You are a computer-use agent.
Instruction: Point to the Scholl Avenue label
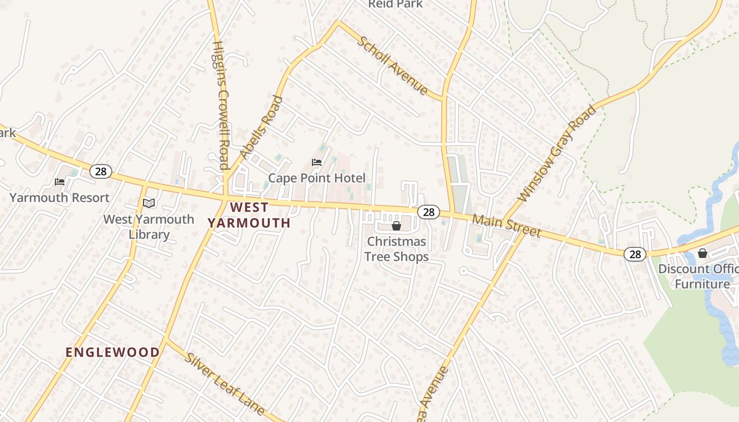[393, 65]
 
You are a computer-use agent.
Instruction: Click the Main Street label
[507, 225]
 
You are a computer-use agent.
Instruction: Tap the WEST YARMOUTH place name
[249, 215]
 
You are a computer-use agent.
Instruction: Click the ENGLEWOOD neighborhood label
[112, 352]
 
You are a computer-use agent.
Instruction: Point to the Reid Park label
[395, 4]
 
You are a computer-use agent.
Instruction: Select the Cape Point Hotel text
[317, 178]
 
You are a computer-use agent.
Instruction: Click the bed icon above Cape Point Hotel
[317, 162]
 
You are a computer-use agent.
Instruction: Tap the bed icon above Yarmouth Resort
[60, 182]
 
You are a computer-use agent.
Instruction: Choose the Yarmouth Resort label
[60, 198]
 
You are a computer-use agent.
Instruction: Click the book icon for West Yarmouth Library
[149, 203]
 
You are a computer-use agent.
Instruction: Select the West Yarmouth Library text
[149, 227]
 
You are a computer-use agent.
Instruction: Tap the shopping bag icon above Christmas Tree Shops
[396, 226]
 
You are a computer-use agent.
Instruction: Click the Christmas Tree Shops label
[396, 249]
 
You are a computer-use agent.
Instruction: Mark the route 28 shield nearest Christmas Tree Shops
[429, 212]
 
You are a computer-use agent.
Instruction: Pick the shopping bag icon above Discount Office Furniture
[702, 253]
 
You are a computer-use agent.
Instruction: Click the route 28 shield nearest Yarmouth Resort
[100, 171]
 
